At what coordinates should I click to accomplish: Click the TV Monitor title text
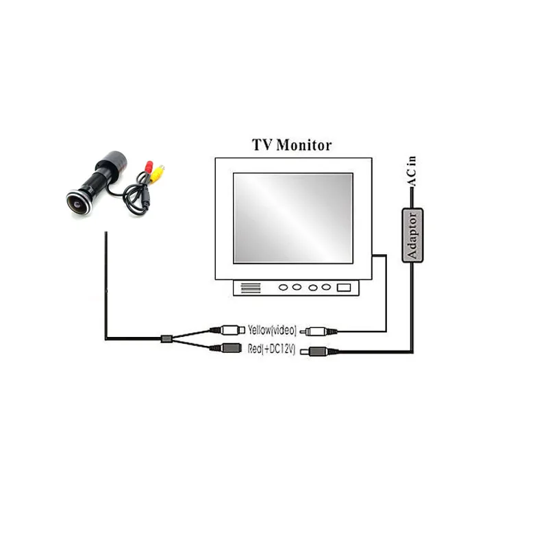(292, 145)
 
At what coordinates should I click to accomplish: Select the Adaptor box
(412, 235)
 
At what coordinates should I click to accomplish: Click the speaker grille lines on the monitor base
(251, 288)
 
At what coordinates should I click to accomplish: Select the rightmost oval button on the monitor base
(327, 288)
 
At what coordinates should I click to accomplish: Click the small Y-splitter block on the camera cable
(164, 338)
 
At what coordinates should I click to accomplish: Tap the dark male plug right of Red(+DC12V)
(319, 352)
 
